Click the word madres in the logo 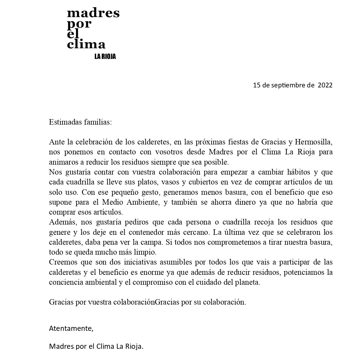click(93, 13)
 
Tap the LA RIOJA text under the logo click(105, 57)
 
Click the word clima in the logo click(86, 44)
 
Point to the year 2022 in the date click(325, 85)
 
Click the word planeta click(248, 282)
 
